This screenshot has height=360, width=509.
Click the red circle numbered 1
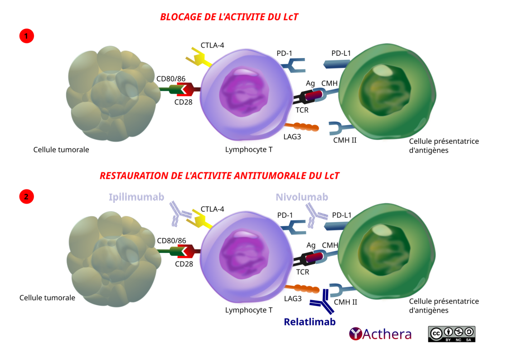coord(27,36)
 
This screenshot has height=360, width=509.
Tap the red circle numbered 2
coord(27,197)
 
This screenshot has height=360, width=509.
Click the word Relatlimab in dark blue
coord(310,322)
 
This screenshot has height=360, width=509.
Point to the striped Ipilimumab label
coord(136,197)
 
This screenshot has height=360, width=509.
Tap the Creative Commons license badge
coord(451,334)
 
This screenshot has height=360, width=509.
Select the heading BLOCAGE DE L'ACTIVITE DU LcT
coord(229,17)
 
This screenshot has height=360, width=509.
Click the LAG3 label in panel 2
coord(293,299)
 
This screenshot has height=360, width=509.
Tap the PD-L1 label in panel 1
coord(341,54)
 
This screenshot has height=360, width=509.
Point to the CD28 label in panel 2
coord(184,263)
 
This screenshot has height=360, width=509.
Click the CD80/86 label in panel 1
coord(171,78)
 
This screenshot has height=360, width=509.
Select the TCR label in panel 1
coord(302,110)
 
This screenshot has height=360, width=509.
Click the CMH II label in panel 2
coord(345,302)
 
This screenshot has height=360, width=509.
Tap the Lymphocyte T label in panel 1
coord(249,149)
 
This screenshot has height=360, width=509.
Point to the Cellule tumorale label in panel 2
coord(47,298)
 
